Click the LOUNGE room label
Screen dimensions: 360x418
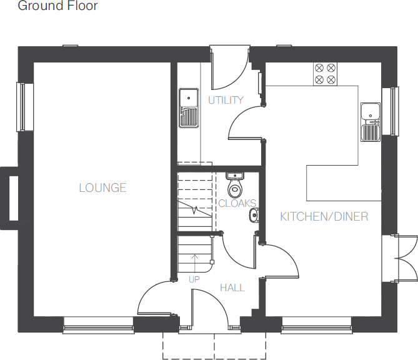pos(102,187)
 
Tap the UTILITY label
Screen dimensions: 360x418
pos(226,100)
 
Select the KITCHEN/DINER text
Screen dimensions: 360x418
pos(324,217)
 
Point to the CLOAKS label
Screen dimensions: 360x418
pos(237,204)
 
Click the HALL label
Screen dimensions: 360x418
pos(232,287)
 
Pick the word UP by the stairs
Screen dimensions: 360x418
pos(194,279)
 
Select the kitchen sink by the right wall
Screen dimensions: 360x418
pos(370,122)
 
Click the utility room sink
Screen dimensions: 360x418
pos(189,108)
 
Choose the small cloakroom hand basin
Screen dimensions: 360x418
pos(252,216)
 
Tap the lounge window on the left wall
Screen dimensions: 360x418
pos(23,106)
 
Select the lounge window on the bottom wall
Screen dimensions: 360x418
pos(98,324)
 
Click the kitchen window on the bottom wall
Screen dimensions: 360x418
pos(316,324)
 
